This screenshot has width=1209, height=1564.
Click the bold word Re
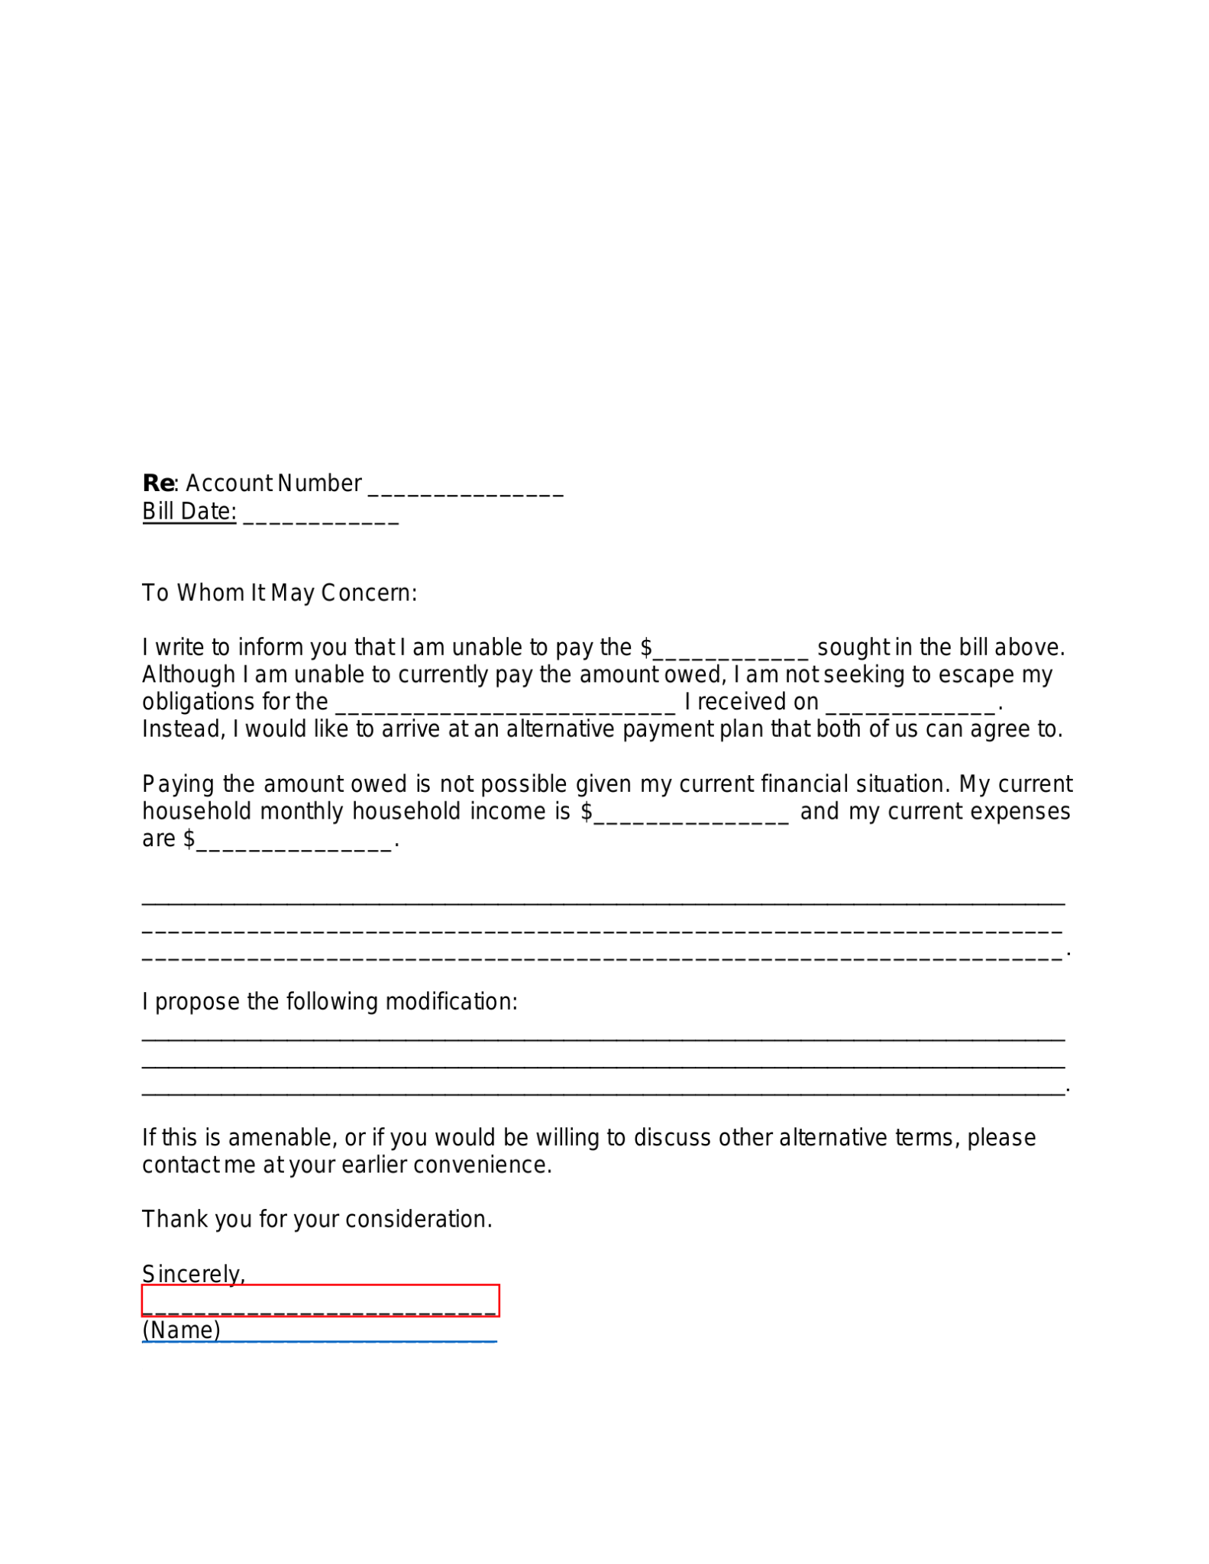coord(158,483)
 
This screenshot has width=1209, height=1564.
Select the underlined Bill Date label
coord(189,512)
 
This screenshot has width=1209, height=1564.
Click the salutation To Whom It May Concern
coord(280,593)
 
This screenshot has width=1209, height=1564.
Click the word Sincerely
coord(192,1274)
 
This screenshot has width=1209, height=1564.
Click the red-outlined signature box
coord(320,1301)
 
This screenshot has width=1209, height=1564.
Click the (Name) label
coord(181,1330)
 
